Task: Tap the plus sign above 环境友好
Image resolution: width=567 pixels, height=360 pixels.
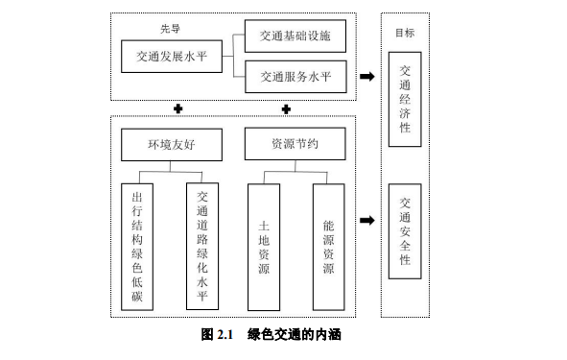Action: [177, 107]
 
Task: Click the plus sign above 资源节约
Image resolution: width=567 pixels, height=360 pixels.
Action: [286, 107]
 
